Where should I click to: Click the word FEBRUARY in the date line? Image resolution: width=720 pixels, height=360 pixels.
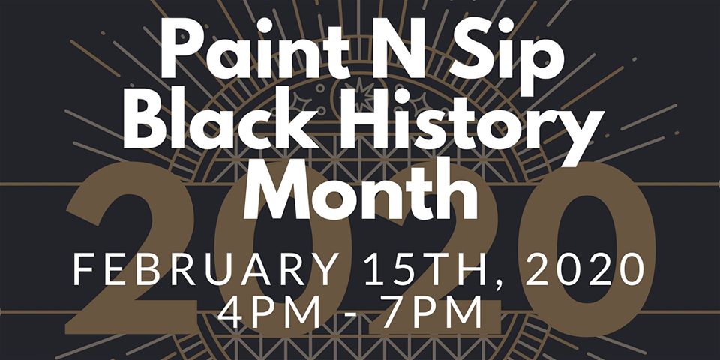coord(206,268)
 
